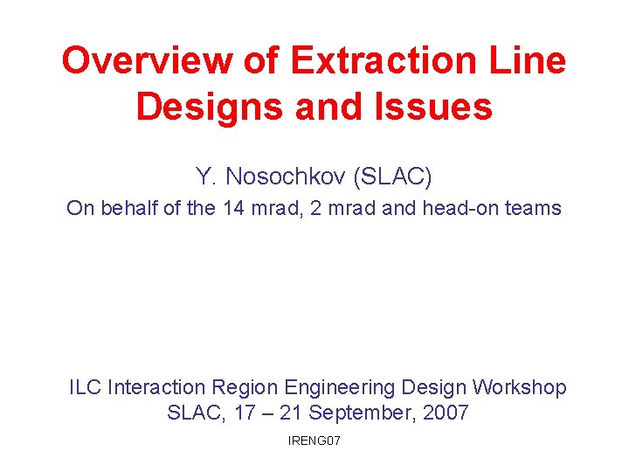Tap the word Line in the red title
pos(528,61)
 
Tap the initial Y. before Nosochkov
pos(205,177)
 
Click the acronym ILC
pos(86,387)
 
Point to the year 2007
pos(446,413)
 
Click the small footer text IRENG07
pos(314,441)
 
